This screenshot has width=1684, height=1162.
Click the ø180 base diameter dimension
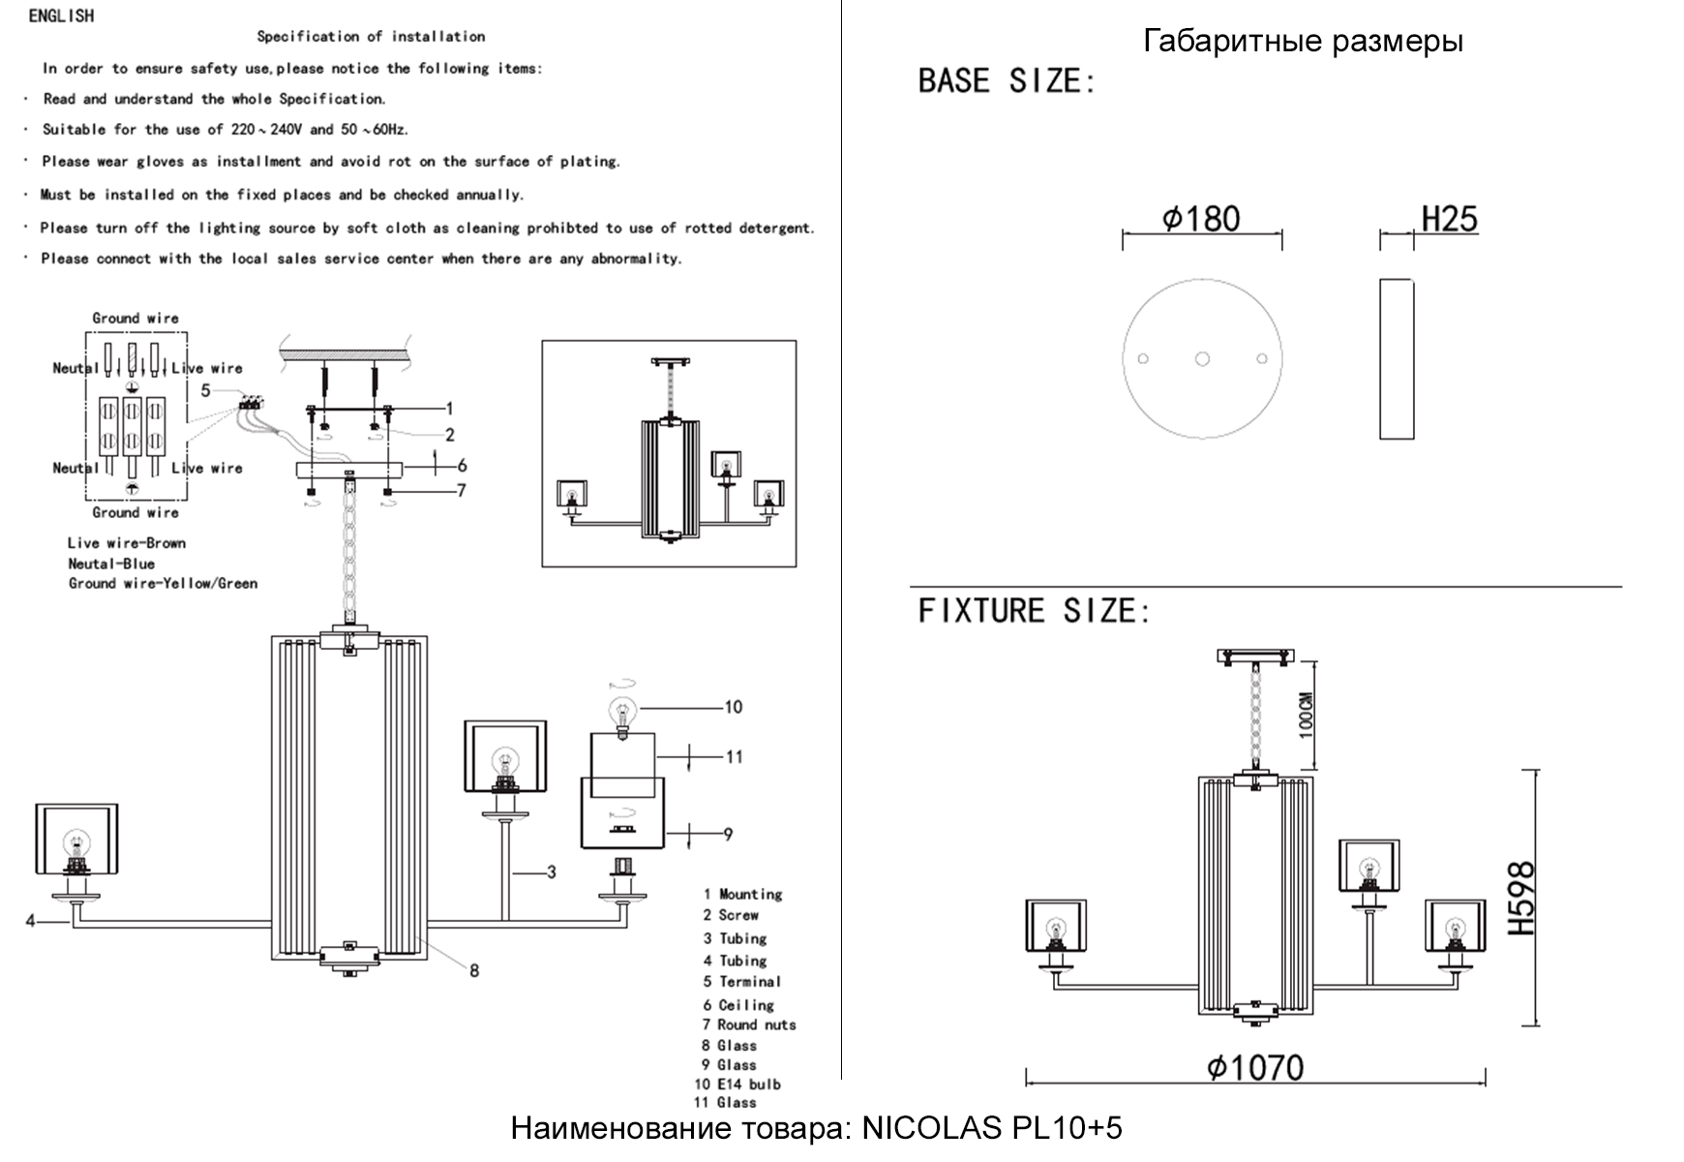(x=1201, y=219)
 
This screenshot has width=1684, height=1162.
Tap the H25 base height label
(x=1449, y=219)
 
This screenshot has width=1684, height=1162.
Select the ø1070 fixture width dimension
(x=1256, y=1067)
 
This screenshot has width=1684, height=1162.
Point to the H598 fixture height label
(x=1521, y=898)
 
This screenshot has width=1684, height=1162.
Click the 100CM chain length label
(x=1306, y=715)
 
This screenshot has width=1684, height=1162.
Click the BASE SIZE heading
(x=1007, y=81)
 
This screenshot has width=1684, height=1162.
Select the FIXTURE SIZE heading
(x=1034, y=611)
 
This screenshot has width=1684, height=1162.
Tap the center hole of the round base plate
(x=1202, y=359)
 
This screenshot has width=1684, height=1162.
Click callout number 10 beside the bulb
(x=734, y=707)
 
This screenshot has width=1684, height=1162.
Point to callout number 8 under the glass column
(x=474, y=970)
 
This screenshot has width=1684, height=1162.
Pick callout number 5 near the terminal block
(x=205, y=390)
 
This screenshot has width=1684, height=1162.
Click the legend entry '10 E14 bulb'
(x=737, y=1085)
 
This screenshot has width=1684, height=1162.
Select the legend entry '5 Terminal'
(x=742, y=981)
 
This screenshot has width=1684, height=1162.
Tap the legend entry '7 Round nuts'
(x=749, y=1024)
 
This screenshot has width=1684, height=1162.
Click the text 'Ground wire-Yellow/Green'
(x=163, y=583)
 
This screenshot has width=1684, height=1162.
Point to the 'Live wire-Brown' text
(x=127, y=543)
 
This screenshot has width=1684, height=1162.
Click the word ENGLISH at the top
(x=61, y=15)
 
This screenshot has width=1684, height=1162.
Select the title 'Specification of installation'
(x=371, y=37)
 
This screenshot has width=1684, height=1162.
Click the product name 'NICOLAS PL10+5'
(x=992, y=1128)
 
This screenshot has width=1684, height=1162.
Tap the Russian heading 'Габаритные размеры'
(x=1303, y=41)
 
